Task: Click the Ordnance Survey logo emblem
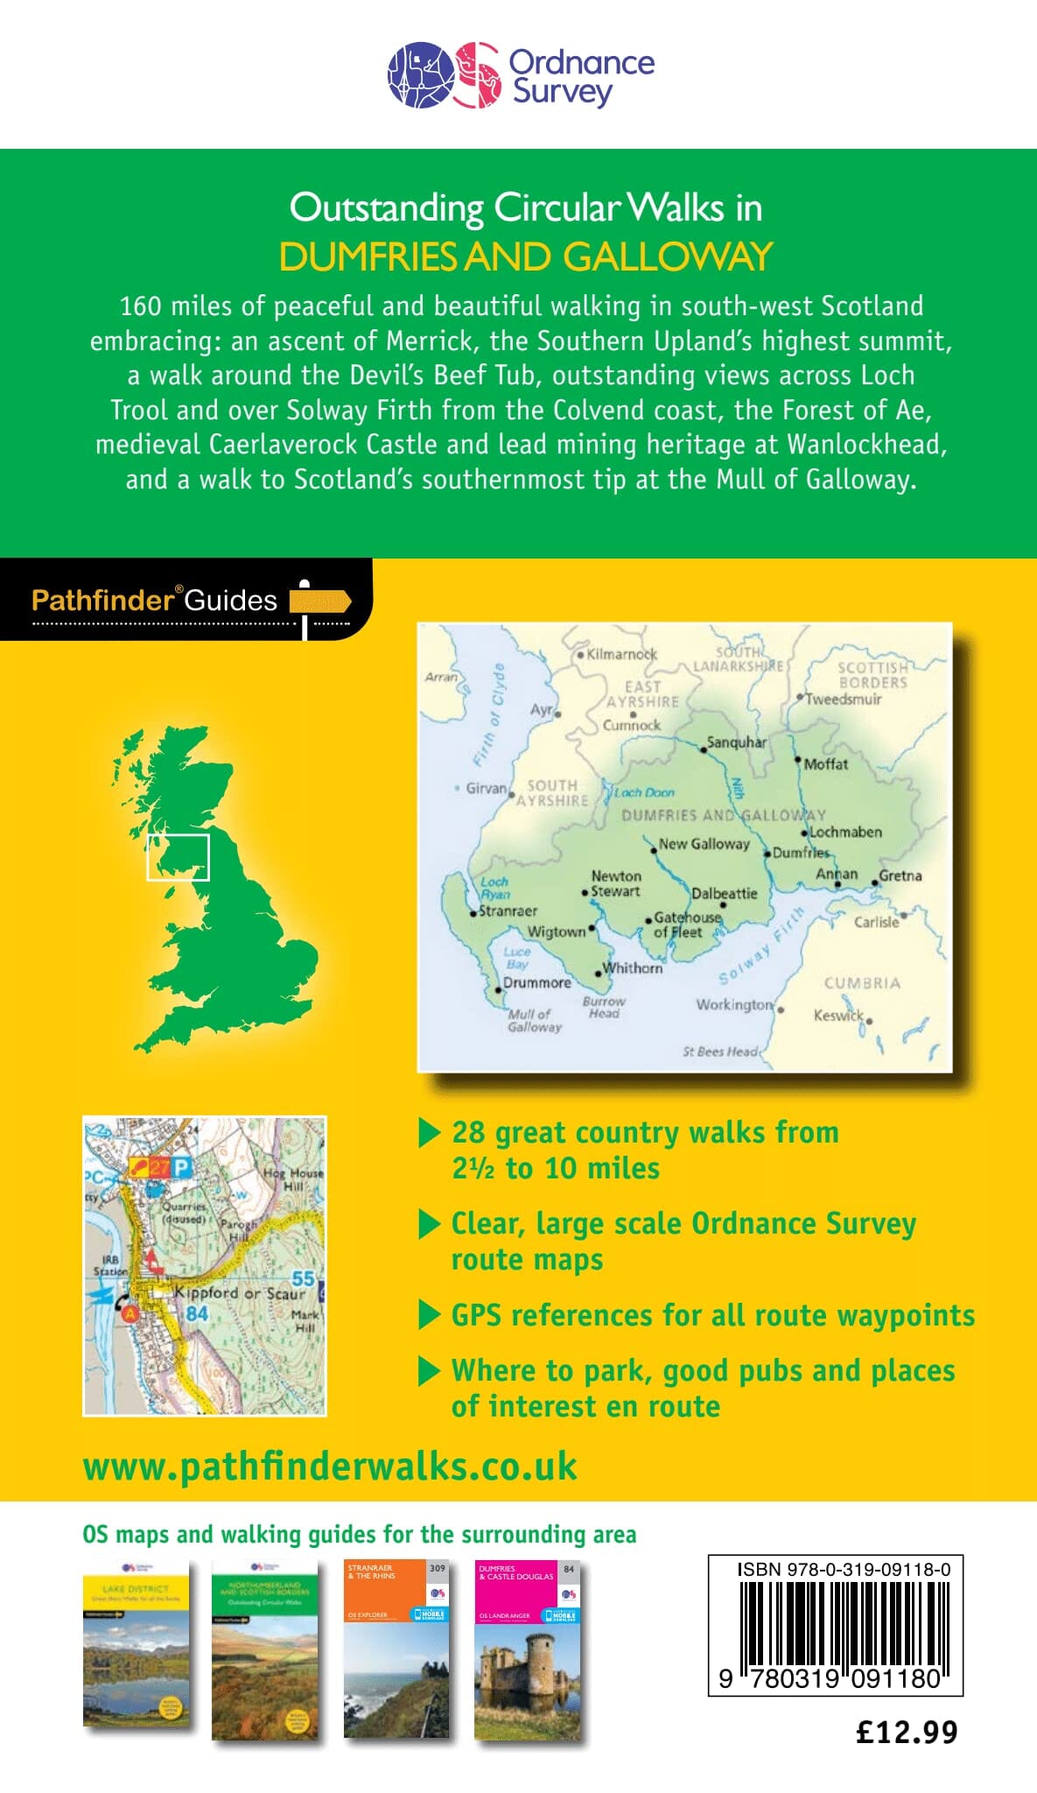pos(445,75)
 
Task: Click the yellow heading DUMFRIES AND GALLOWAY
pos(525,257)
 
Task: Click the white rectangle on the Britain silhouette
pos(178,857)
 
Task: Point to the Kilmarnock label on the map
pos(621,654)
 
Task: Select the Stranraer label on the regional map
pos(508,911)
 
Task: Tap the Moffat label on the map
pos(825,764)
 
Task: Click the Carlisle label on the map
pos(876,922)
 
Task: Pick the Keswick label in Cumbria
pos(838,1016)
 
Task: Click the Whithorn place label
pos(633,968)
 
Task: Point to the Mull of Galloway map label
pos(534,1021)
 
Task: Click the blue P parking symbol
pos(181,1167)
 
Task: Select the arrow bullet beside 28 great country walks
pos(429,1133)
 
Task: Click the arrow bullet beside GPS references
pos(429,1315)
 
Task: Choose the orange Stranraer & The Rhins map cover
pos(396,1649)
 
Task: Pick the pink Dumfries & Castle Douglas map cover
pos(527,1649)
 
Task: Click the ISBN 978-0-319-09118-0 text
pos(844,1570)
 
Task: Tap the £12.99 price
pos(907,1732)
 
